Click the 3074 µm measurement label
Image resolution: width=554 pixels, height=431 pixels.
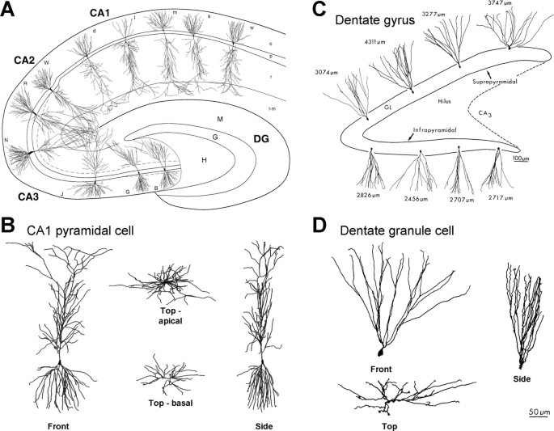pos(325,73)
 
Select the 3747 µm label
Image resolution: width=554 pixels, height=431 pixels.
pos(510,4)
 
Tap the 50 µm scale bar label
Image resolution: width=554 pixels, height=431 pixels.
pos(539,412)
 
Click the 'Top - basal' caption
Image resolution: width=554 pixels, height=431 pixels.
pos(161,402)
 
